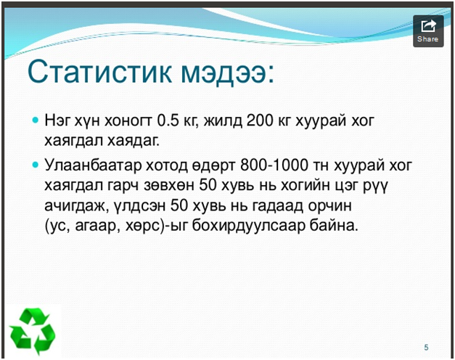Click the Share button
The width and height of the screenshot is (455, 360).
428,31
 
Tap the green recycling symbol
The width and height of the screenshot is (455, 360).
33,331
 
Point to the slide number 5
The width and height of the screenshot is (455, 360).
426,347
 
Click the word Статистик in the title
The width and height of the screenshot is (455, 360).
99,72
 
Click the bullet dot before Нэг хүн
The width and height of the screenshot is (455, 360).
36,120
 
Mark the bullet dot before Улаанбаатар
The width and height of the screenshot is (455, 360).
36,165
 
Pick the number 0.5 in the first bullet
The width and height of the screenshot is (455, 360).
168,120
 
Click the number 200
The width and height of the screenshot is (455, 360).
260,120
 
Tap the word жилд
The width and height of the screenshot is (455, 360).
223,120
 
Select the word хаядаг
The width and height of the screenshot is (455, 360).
134,141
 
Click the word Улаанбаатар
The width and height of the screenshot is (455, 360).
93,165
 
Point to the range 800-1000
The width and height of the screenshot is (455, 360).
274,165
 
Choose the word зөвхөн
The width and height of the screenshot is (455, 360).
168,186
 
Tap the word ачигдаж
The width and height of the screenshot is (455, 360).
77,206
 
